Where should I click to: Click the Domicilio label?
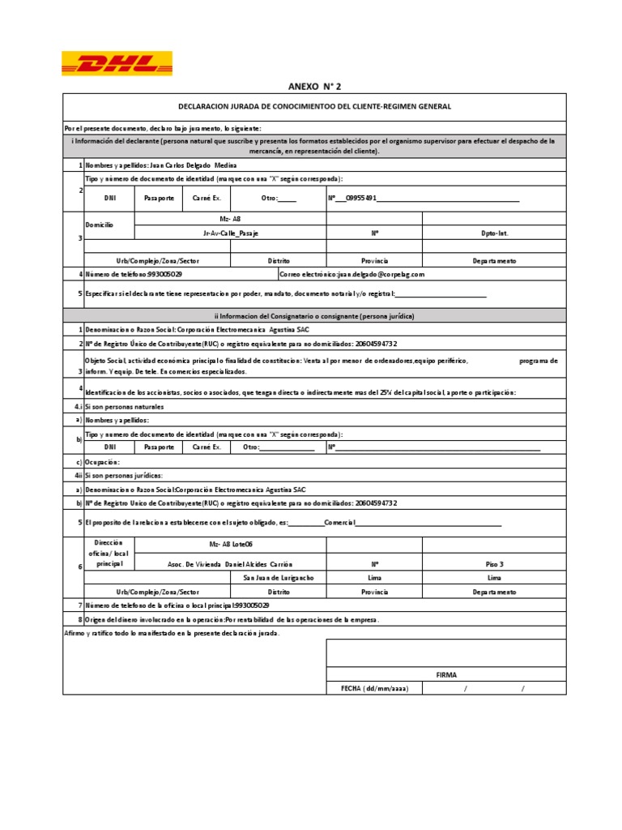tap(100, 225)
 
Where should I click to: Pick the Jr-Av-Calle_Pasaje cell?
tap(230, 233)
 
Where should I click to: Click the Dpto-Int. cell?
tap(494, 233)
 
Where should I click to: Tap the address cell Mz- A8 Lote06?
tap(230, 544)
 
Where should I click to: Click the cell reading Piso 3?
tap(494, 563)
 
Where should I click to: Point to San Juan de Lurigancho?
tap(278, 577)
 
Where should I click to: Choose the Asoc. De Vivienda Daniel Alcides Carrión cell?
tap(230, 563)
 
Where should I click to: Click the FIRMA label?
tap(446, 674)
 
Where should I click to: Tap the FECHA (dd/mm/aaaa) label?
tap(374, 688)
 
